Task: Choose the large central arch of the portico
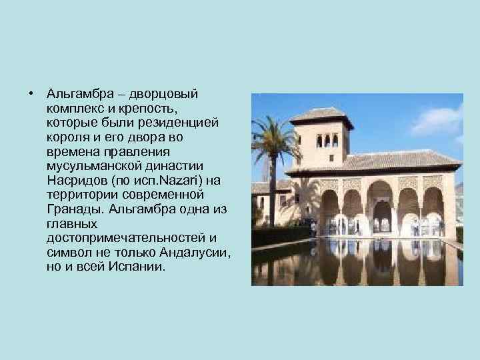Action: tap(381, 206)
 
